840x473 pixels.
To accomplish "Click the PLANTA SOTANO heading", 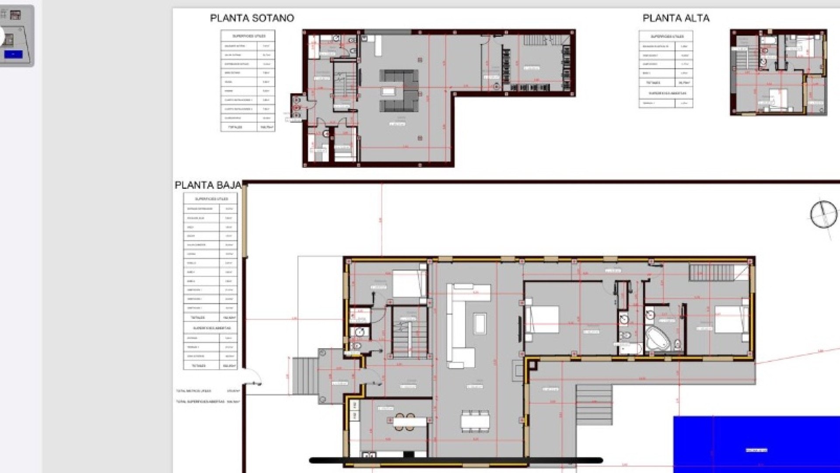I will coord(252,18).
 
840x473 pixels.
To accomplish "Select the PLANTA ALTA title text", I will coord(676,18).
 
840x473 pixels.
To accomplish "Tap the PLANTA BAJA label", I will coord(208,185).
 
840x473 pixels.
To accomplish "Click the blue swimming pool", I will coord(756,445).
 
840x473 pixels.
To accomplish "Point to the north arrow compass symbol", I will coord(823,215).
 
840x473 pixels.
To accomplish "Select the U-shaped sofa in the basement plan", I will coord(399,91).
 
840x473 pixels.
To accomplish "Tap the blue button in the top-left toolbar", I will coord(13,54).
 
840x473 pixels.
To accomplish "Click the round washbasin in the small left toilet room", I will coord(360,332).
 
